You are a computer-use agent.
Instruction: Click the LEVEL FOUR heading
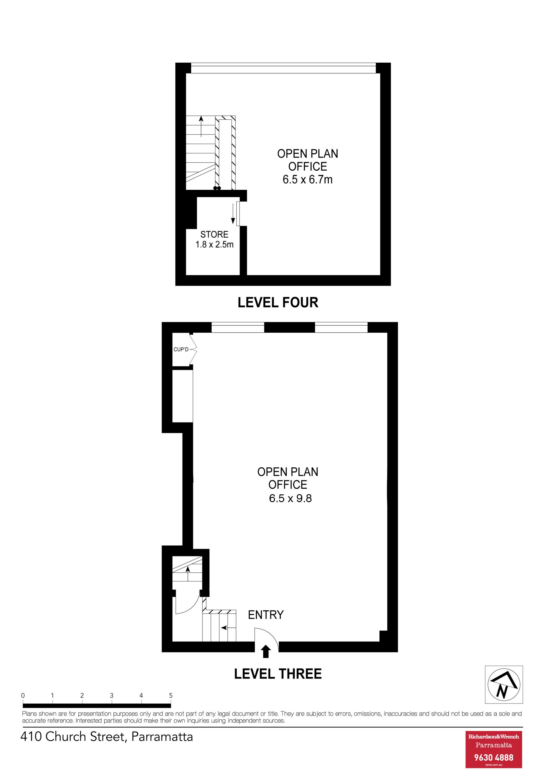click(278, 302)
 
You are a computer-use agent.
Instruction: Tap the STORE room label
click(214, 234)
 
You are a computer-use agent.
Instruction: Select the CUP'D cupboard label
click(181, 350)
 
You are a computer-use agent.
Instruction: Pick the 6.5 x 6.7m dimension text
click(307, 179)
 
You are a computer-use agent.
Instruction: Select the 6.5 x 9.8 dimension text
click(290, 498)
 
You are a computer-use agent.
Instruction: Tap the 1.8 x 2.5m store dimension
click(214, 244)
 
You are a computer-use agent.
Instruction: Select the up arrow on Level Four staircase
click(201, 127)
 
